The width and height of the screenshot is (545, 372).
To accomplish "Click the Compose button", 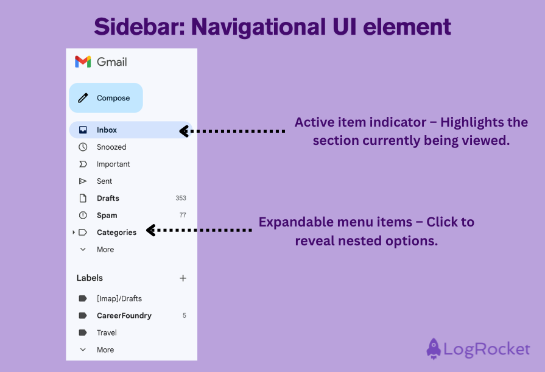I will pos(106,98).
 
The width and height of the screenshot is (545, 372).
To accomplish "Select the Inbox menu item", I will pos(107,130).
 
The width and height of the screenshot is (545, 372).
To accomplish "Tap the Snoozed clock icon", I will pos(83,147).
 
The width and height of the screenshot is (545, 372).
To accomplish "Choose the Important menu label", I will pos(113,164).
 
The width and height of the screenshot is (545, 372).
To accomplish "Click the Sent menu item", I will pos(104,181).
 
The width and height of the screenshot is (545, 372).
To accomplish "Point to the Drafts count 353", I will pos(181,198).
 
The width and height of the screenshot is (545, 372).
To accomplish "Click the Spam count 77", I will pos(183,215).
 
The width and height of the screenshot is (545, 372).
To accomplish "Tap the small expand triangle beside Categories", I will pos(74,232).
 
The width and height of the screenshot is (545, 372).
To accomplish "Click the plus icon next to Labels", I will pos(183,278).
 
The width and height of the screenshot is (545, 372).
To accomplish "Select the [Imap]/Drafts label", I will pos(119,298).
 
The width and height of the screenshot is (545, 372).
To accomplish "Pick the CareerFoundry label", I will pos(124,315).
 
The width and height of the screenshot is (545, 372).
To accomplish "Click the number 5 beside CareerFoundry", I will pos(185,315).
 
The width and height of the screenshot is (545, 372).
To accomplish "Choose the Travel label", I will pos(107,332).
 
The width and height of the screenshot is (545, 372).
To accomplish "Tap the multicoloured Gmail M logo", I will pos(83,61).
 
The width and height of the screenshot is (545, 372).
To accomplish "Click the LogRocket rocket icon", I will pos(434,349).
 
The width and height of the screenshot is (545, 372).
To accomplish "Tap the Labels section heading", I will pos(90,278).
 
